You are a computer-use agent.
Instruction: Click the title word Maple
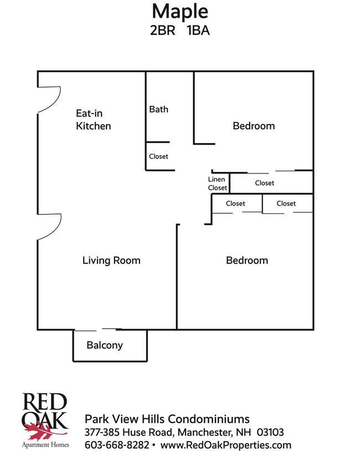tap(179, 11)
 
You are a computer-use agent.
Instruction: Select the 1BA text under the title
tap(198, 31)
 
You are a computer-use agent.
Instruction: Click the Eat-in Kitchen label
tap(93, 120)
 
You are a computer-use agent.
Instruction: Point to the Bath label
tap(158, 109)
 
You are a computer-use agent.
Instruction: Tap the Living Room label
tap(111, 260)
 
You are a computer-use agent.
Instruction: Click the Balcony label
tap(105, 345)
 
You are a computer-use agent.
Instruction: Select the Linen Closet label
tap(217, 183)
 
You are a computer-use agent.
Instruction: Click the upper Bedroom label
tap(254, 126)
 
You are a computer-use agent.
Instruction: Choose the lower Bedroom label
tap(247, 260)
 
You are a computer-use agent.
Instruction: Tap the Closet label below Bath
tap(158, 157)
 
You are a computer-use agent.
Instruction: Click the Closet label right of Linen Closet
tap(264, 183)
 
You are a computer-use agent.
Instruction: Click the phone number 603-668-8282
tap(116, 445)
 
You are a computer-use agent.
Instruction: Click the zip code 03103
tap(271, 432)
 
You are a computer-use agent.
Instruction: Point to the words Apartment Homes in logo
tap(45, 444)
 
